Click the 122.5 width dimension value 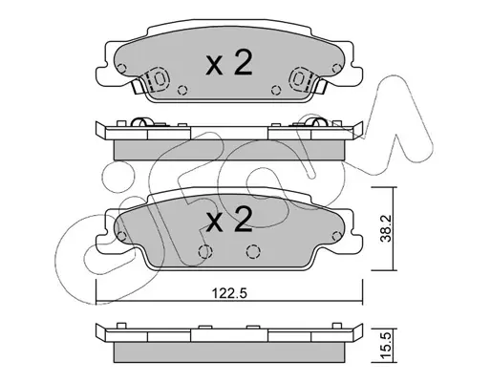click(229, 293)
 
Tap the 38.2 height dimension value click(386, 228)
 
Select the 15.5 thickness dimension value click(386, 345)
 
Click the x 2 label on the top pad click(229, 63)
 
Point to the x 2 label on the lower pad click(229, 219)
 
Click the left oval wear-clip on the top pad click(159, 78)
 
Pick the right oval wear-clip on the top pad click(299, 78)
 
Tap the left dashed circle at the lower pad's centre click(205, 251)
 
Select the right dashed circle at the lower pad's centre click(253, 251)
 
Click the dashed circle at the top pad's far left click(121, 68)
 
